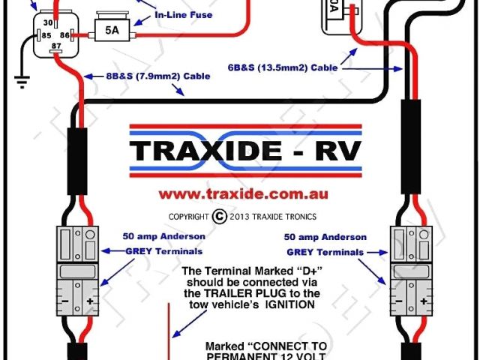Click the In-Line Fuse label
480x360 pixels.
point(184,15)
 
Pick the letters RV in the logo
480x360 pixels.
point(336,151)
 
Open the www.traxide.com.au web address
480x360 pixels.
point(244,193)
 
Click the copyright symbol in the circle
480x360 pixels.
point(219,216)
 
